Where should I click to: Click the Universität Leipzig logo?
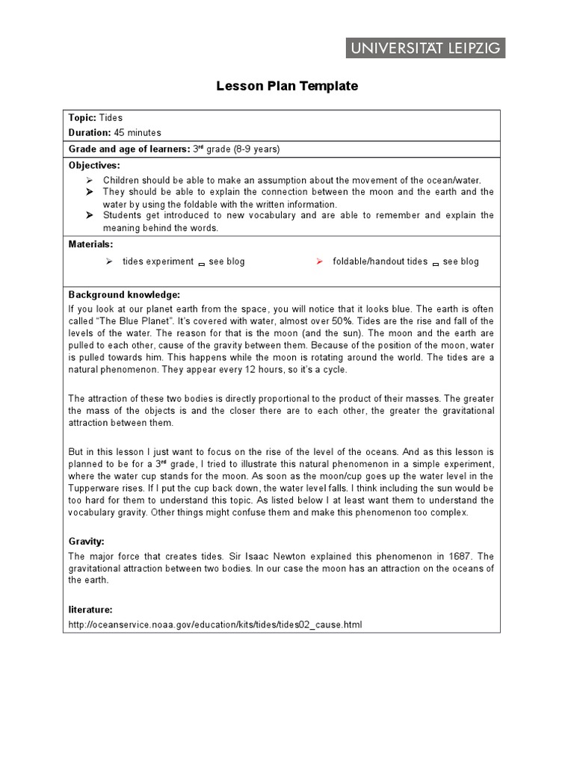pos(425,49)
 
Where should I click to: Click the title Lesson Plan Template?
pos(287,86)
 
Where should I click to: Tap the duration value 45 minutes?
pos(138,132)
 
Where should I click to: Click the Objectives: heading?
pos(94,164)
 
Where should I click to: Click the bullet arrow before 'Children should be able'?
pos(89,181)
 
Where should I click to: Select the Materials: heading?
pos(91,244)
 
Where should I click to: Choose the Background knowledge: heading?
pos(124,294)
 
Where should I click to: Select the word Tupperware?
pos(94,488)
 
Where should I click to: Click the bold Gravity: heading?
pos(87,540)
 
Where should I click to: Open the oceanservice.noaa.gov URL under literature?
pos(215,625)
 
